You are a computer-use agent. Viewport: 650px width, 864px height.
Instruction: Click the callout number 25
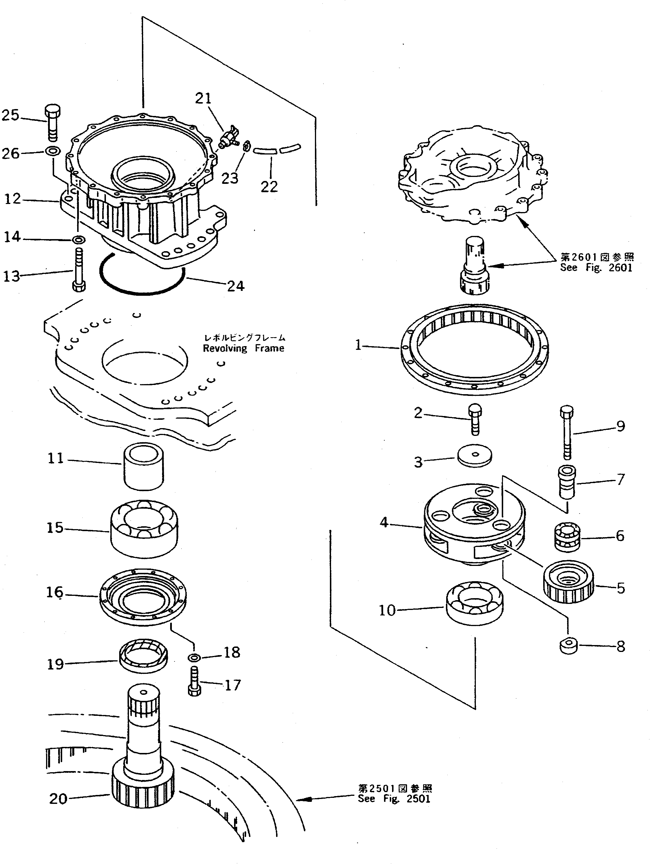[11, 115]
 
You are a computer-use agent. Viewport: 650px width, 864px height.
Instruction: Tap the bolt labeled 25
[53, 122]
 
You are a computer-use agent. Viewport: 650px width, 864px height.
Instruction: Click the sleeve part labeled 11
[143, 466]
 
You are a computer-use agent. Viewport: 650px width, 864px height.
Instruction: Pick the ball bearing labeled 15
[144, 528]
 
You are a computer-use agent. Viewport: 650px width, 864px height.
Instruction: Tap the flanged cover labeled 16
[143, 594]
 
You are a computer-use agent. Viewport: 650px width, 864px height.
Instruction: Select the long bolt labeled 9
[567, 432]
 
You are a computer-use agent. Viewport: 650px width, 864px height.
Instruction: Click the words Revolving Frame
[244, 348]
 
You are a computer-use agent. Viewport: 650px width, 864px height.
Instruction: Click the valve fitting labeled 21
[229, 138]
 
